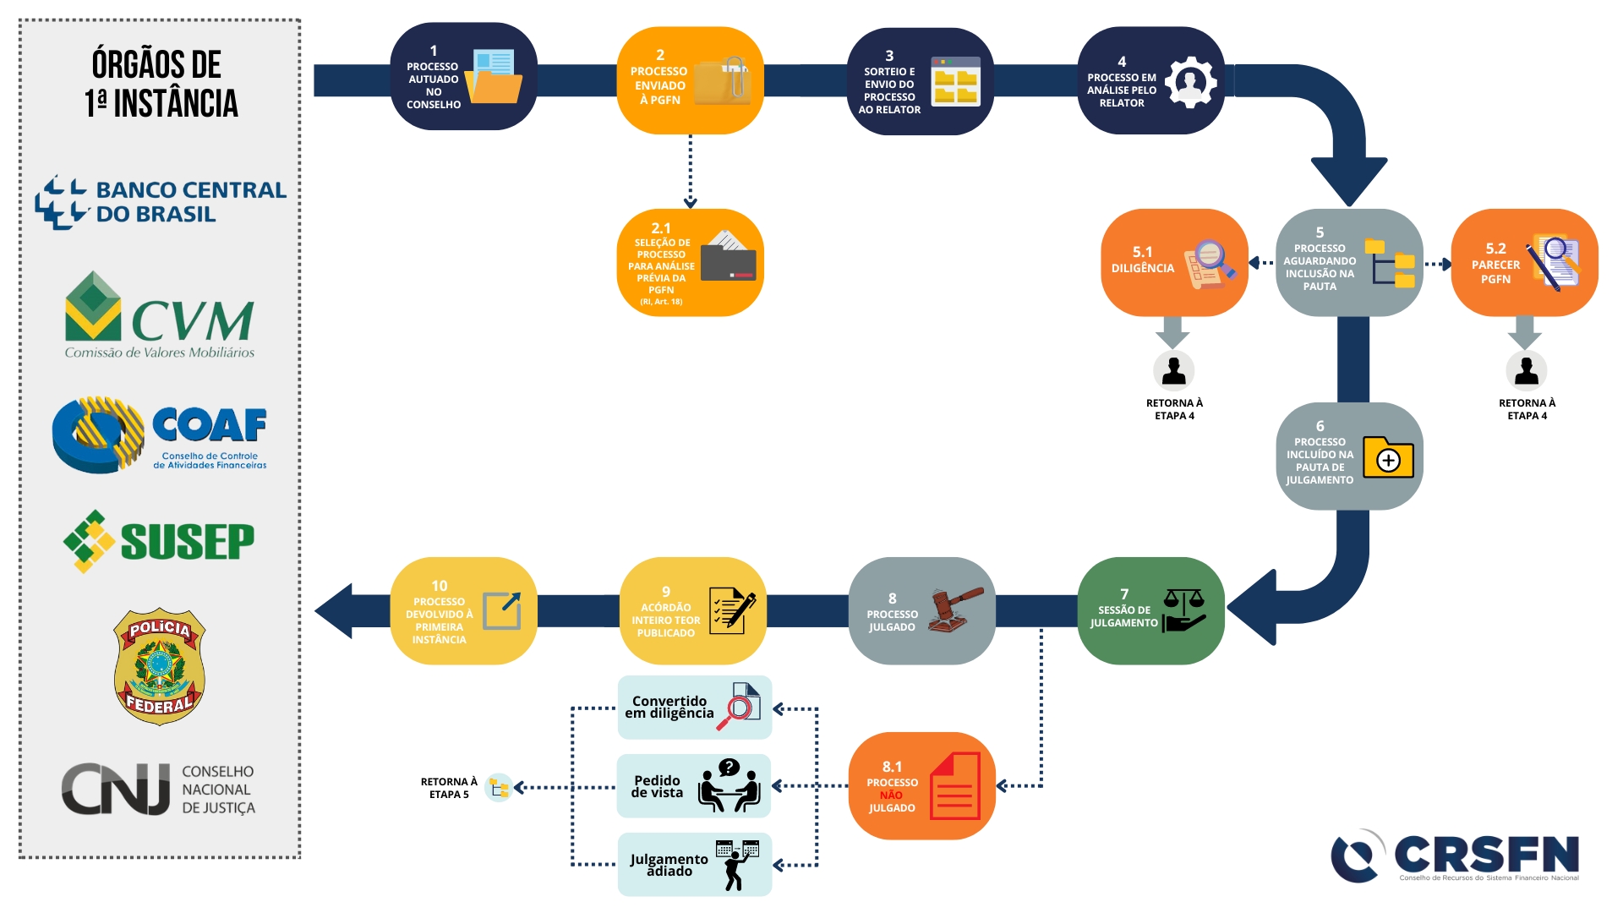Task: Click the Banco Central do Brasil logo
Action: (x=161, y=202)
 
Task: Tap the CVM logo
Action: (x=160, y=315)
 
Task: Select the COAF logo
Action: (x=160, y=435)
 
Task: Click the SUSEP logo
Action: (x=159, y=541)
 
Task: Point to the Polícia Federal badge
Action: (x=160, y=666)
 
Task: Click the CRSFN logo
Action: (x=1455, y=856)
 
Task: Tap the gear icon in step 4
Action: (x=1191, y=82)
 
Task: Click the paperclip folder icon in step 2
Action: (x=724, y=81)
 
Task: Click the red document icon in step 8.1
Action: (x=955, y=786)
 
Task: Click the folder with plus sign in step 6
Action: (x=1388, y=457)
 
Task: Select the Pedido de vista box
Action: (x=694, y=786)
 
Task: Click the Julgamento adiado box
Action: (x=694, y=864)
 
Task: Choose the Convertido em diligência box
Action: (x=694, y=708)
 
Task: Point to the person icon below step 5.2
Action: (x=1526, y=370)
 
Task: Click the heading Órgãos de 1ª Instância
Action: (x=161, y=84)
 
